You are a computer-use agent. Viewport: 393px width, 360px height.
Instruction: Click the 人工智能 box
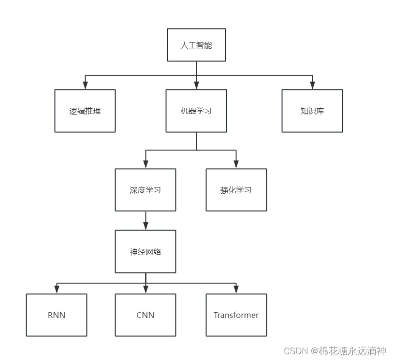(196, 45)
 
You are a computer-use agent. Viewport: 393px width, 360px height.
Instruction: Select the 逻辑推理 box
(85, 111)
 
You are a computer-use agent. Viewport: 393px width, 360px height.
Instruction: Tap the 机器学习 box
(196, 111)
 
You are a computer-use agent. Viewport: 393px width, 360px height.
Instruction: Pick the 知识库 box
(312, 111)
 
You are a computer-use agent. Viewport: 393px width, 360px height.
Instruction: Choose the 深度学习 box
(146, 190)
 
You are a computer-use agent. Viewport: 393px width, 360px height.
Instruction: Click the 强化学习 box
(236, 190)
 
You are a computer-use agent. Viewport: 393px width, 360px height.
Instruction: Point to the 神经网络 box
(146, 251)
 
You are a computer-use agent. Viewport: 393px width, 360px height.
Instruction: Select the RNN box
(57, 315)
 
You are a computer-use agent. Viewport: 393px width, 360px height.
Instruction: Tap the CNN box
(146, 315)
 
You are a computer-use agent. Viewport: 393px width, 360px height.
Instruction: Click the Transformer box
(236, 315)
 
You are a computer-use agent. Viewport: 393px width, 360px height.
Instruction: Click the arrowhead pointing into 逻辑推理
(85, 86)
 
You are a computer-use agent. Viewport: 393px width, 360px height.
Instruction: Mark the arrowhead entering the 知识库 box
(312, 86)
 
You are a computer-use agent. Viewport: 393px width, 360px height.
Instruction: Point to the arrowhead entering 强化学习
(236, 165)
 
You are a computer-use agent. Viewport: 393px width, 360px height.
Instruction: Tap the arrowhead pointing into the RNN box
(57, 290)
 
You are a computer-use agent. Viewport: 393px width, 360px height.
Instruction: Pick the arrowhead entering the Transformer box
(236, 290)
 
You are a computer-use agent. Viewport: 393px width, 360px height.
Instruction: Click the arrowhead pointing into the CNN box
(146, 290)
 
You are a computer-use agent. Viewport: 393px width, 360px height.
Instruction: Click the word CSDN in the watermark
(296, 351)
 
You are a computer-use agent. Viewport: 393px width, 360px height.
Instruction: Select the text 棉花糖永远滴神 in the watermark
(352, 351)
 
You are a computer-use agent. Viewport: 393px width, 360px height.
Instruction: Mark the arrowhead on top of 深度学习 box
(146, 165)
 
